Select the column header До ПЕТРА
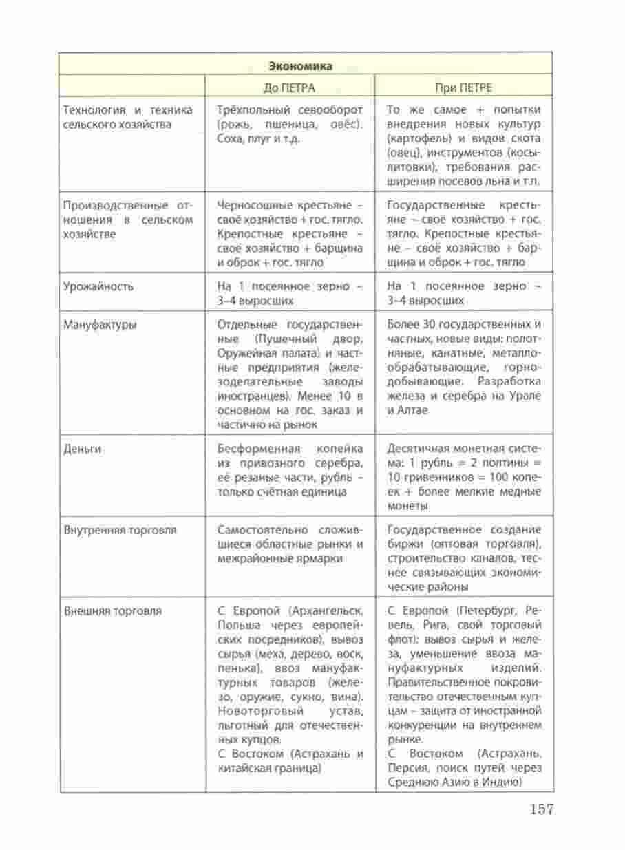coord(289,87)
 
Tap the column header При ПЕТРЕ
coord(461,87)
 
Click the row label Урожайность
coord(98,286)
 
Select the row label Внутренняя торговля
coord(120,531)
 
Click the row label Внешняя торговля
coord(112,610)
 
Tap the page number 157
coord(542,809)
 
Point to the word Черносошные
coord(251,206)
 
